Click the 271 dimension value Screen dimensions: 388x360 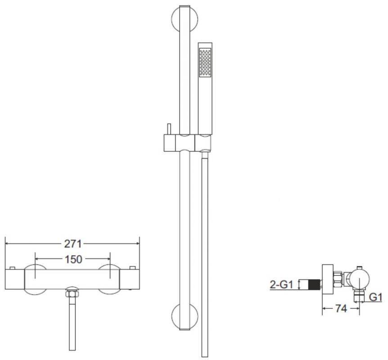(73, 244)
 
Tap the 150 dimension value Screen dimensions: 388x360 (73, 259)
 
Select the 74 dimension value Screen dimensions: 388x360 (341, 308)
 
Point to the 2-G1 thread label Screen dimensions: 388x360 (281, 284)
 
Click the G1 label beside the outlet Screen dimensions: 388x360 (375, 297)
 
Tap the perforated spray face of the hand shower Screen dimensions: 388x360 (205, 63)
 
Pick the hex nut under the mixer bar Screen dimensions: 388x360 (72, 294)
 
